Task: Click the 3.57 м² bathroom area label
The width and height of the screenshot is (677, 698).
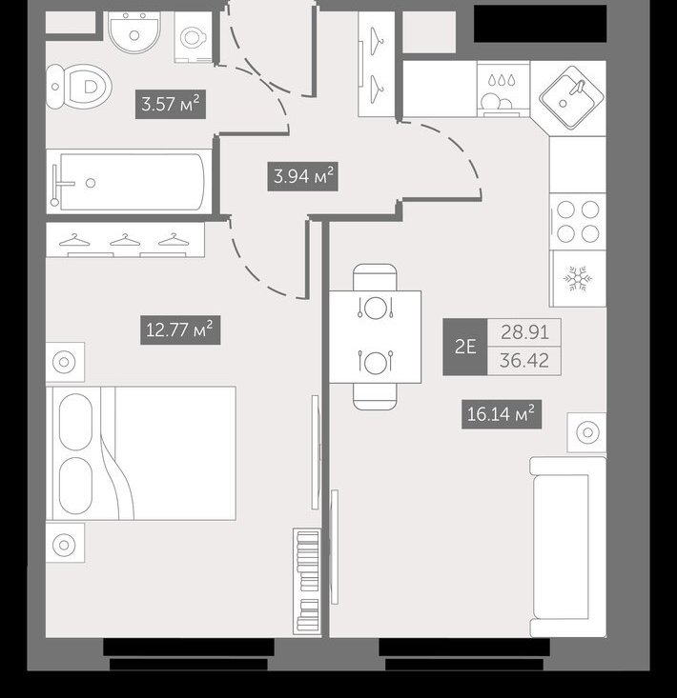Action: (x=171, y=105)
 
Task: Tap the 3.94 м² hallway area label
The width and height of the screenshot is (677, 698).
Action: (x=302, y=177)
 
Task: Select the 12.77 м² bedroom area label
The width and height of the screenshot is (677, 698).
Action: (x=180, y=329)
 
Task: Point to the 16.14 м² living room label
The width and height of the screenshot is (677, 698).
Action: (x=502, y=414)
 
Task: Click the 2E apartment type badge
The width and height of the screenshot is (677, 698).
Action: (x=465, y=347)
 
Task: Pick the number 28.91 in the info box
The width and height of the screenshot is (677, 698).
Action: (x=524, y=332)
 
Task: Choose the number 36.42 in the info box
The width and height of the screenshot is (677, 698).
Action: (x=524, y=361)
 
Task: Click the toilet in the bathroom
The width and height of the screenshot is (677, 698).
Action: (x=79, y=87)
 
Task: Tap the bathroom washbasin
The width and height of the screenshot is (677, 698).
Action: (x=134, y=32)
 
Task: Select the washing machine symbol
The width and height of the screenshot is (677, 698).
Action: (x=193, y=37)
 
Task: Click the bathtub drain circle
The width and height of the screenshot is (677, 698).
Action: (x=91, y=183)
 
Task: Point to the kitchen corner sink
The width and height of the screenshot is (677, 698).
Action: (x=571, y=97)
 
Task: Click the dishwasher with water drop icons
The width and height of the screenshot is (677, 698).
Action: (x=503, y=89)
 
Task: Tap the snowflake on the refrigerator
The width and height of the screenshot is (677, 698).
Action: (x=578, y=279)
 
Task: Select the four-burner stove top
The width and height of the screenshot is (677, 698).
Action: (x=578, y=221)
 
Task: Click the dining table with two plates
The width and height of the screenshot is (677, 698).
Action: (x=376, y=336)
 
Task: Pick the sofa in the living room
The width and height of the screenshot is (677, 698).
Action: (x=567, y=548)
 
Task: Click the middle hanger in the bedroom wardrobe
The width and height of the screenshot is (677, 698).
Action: (x=125, y=240)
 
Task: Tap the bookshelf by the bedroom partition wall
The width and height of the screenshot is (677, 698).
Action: (x=307, y=582)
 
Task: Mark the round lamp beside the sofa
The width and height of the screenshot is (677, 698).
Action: (x=587, y=432)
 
